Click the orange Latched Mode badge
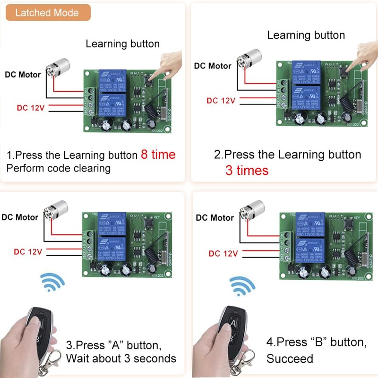pyautogui.click(x=47, y=13)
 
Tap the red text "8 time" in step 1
pyautogui.click(x=158, y=155)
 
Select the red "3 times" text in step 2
pyautogui.click(x=247, y=171)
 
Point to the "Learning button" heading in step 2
pyautogui.click(x=306, y=35)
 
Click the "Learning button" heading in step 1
pyautogui.click(x=122, y=44)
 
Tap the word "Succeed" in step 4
pyautogui.click(x=290, y=359)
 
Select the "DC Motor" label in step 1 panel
pyautogui.click(x=23, y=75)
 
